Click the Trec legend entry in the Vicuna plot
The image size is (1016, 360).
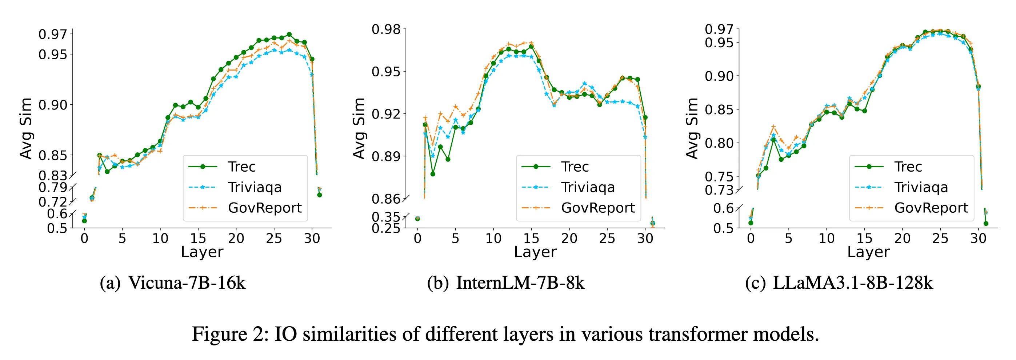(x=241, y=167)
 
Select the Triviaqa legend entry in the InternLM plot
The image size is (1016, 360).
(x=588, y=187)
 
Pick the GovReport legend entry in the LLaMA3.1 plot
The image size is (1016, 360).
(x=931, y=208)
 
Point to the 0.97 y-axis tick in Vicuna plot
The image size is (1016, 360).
(x=53, y=34)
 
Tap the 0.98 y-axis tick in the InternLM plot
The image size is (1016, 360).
(x=386, y=29)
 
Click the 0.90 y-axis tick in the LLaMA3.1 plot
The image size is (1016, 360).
(x=719, y=76)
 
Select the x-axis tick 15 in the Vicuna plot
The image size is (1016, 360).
(x=198, y=238)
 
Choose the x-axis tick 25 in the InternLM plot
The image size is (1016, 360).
(x=607, y=238)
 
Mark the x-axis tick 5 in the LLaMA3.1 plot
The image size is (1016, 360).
(x=788, y=238)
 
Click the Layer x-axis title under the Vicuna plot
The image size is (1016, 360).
(x=202, y=252)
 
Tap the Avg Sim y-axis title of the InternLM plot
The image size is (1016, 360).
(x=359, y=128)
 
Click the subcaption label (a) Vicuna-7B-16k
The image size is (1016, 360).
(x=173, y=283)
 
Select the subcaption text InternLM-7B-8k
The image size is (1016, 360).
(x=520, y=283)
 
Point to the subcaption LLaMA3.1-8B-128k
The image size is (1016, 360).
(x=853, y=283)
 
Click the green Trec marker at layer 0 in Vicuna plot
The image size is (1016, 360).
(x=84, y=221)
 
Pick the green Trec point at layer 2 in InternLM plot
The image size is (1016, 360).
(x=433, y=174)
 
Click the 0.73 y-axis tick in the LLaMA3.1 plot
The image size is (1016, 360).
(x=719, y=190)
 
